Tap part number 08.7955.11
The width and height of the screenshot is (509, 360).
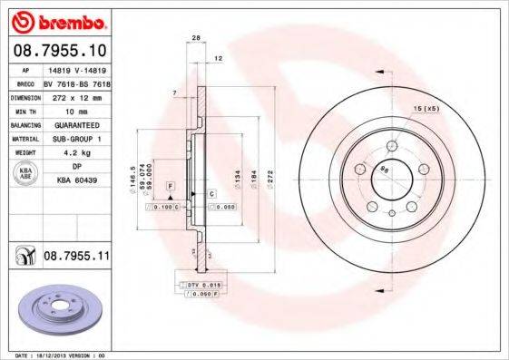tap(76, 258)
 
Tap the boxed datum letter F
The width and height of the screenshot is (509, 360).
tap(169, 184)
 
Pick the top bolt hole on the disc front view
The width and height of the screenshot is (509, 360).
tap(391, 143)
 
